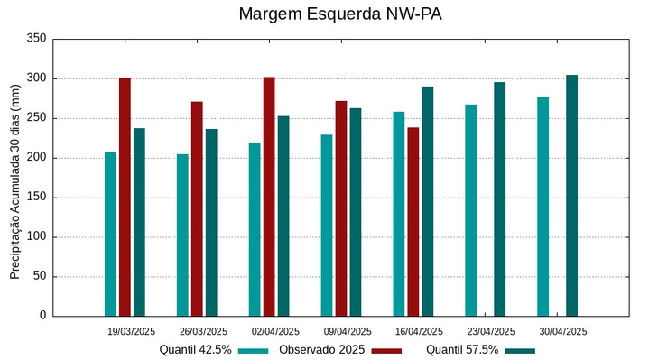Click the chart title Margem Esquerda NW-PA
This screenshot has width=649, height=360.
[340, 14]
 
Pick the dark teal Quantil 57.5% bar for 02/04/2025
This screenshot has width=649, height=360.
[283, 216]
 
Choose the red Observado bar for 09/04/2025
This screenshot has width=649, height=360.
[341, 208]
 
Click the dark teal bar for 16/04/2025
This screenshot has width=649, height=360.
[428, 201]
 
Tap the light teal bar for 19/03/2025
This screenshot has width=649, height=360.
[110, 234]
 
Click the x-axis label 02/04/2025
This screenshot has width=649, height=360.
[275, 331]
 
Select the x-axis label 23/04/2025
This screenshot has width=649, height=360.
[491, 331]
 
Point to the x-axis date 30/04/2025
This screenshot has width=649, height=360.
[563, 331]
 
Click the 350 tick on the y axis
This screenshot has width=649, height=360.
[36, 39]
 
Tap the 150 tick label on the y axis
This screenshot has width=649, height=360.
[36, 198]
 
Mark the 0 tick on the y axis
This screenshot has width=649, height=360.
[42, 316]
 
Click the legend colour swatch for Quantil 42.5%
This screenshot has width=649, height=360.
[254, 350]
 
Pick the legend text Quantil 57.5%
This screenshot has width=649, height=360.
[462, 349]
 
